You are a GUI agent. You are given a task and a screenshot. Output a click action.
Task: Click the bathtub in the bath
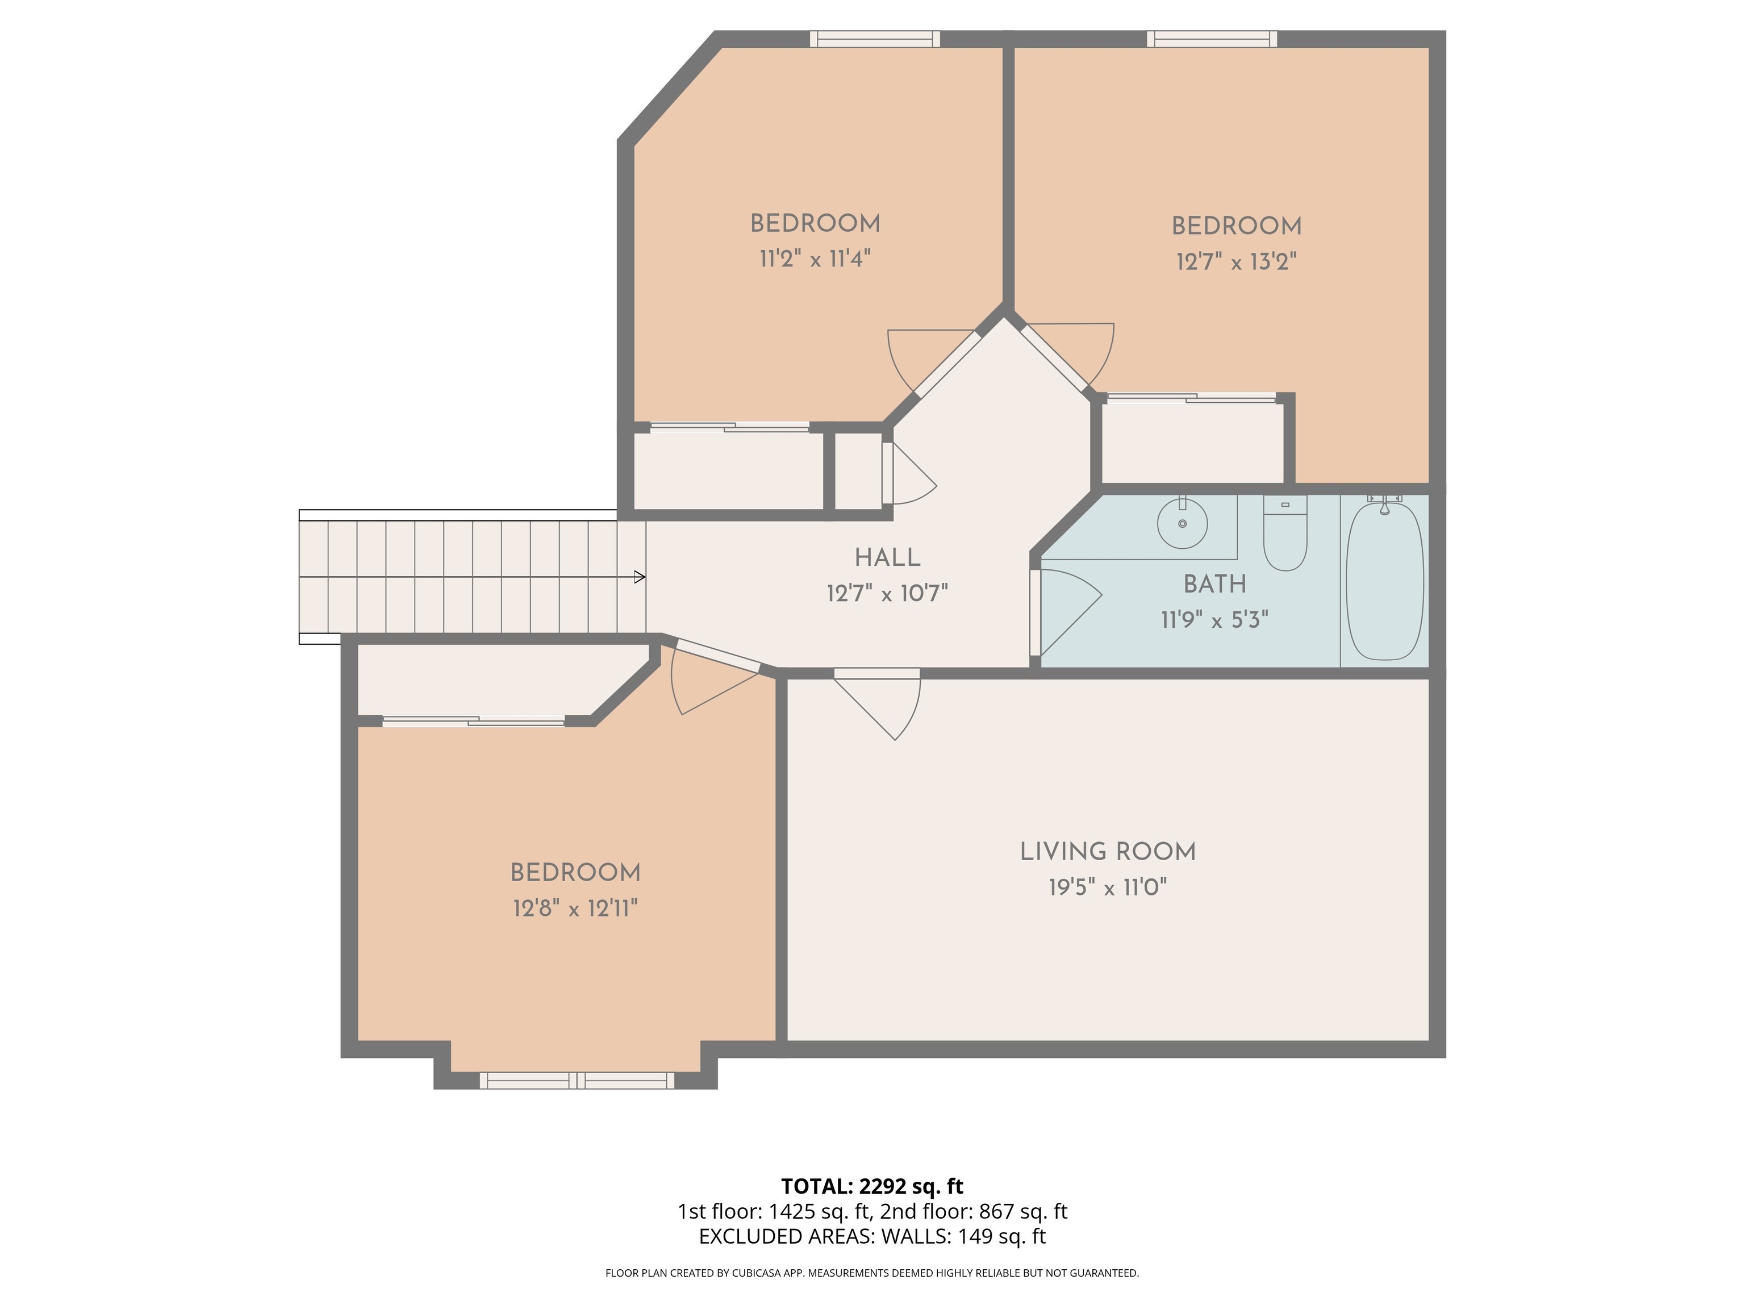[1384, 582]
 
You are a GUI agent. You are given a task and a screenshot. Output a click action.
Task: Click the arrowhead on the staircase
[640, 577]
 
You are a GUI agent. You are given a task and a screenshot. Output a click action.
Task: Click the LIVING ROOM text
[1108, 852]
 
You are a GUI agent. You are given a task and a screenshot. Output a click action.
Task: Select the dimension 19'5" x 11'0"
[1108, 887]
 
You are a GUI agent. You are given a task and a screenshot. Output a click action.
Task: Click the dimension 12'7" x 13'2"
[1236, 261]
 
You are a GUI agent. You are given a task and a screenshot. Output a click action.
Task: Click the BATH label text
[1215, 585]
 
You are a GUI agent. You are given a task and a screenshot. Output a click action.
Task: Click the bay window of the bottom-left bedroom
[577, 1080]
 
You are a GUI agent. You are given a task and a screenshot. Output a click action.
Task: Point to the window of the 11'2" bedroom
[875, 39]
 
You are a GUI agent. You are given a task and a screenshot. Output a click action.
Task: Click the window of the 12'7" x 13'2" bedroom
[1212, 39]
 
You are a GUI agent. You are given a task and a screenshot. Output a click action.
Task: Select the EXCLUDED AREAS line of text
[872, 1236]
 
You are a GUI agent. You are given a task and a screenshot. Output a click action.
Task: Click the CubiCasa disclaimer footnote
[872, 1273]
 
